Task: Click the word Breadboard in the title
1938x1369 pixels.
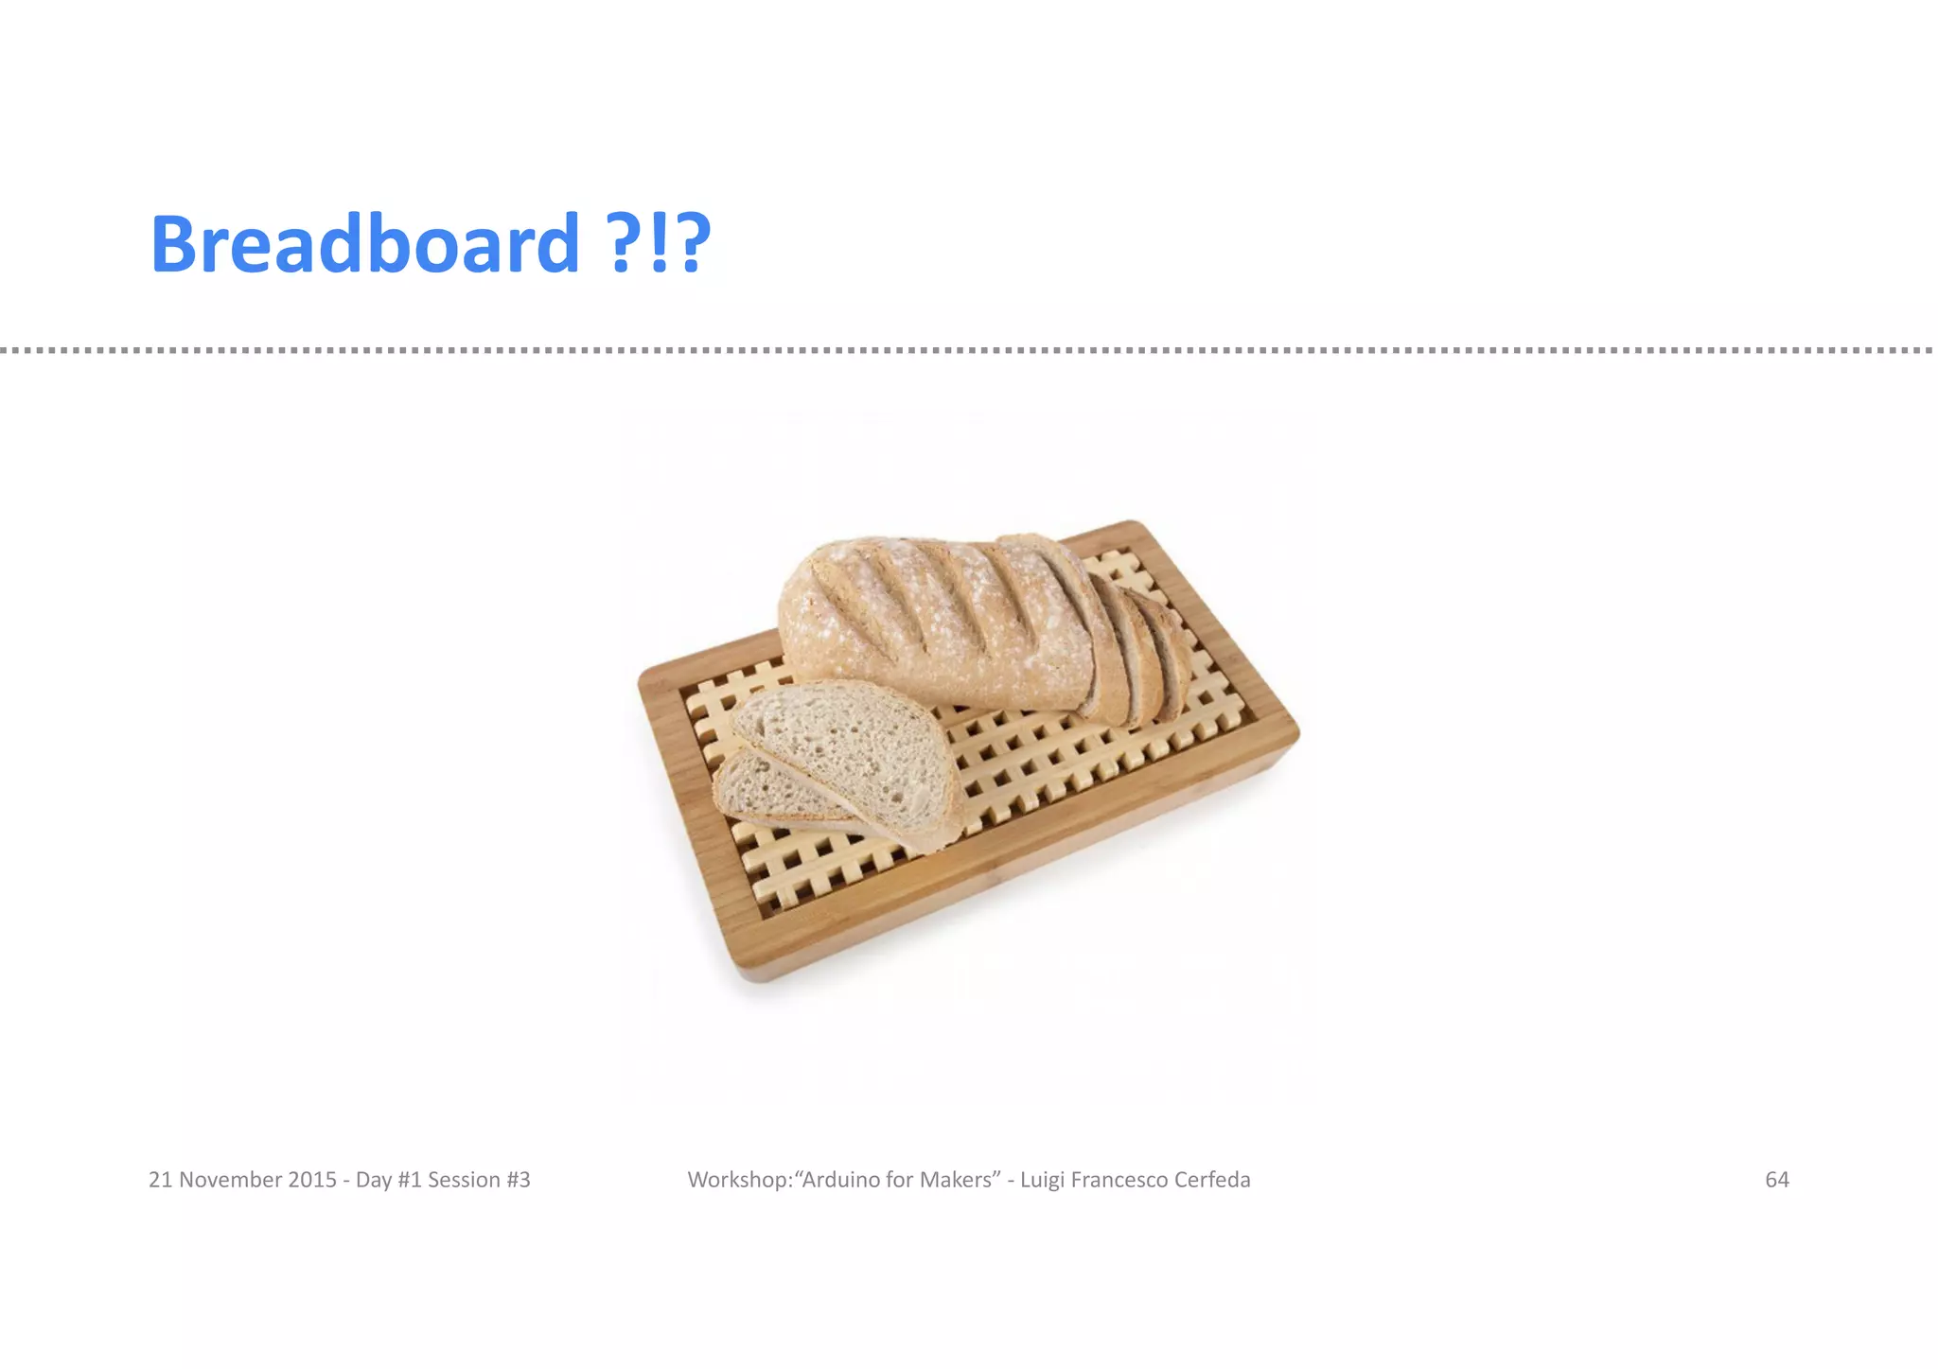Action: [364, 244]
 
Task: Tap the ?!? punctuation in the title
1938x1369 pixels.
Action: [659, 244]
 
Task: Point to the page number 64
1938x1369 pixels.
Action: [1776, 1180]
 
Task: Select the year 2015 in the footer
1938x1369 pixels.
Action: [312, 1180]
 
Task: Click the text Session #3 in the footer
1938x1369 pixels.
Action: [479, 1180]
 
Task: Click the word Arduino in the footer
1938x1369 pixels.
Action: [840, 1180]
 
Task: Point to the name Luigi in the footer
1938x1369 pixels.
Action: [1042, 1180]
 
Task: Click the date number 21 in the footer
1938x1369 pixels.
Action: [161, 1180]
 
